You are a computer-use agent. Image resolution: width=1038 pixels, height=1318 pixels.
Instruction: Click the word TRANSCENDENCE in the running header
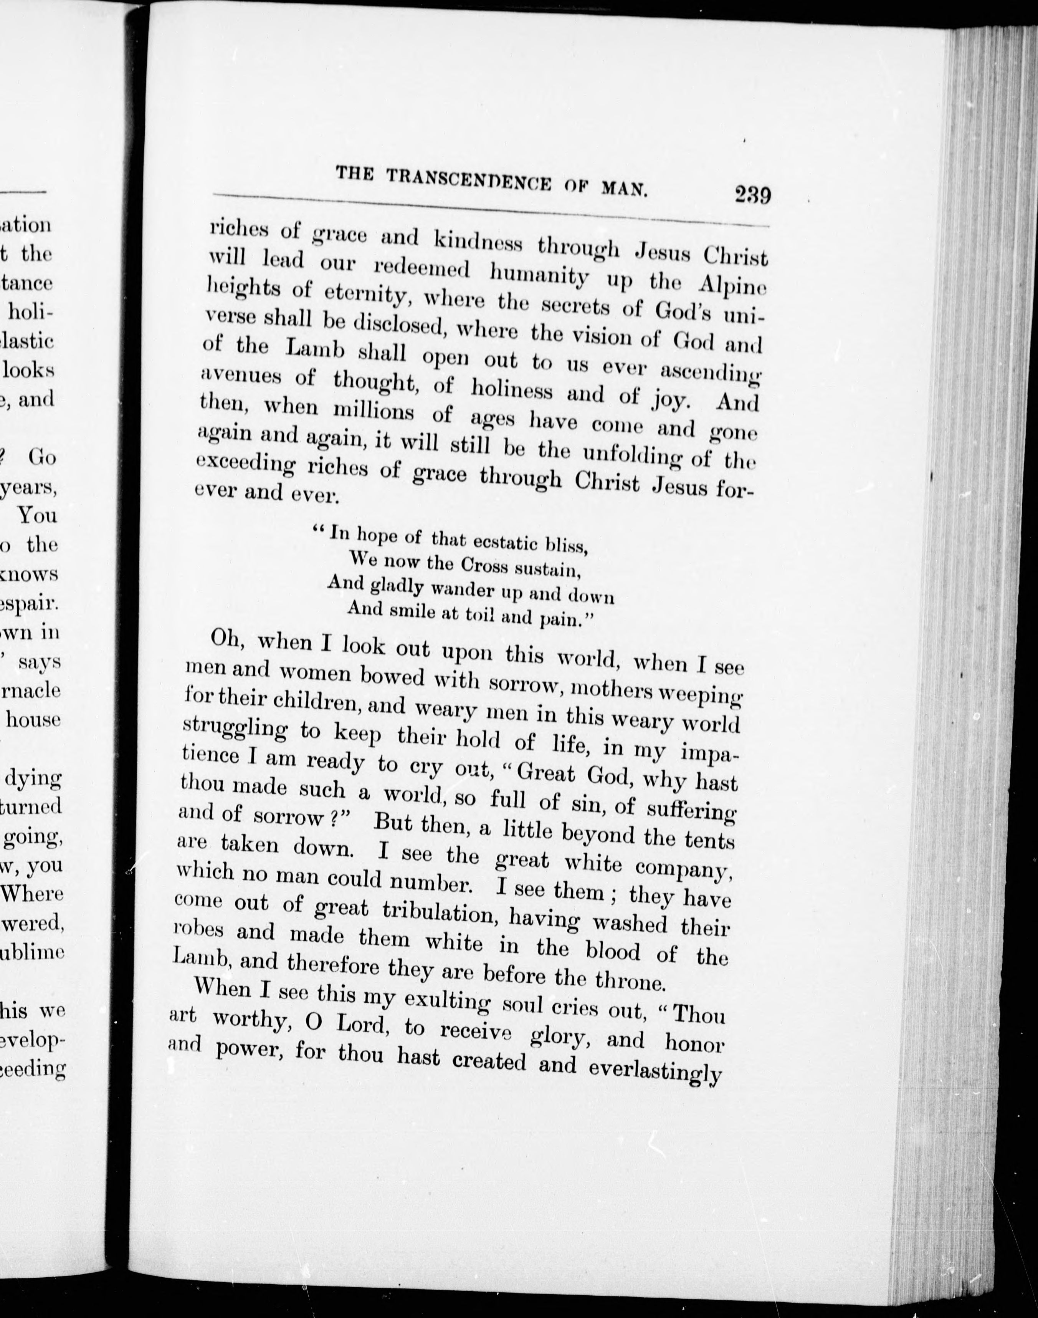(469, 180)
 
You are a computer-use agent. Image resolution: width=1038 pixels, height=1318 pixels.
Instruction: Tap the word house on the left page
(33, 719)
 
